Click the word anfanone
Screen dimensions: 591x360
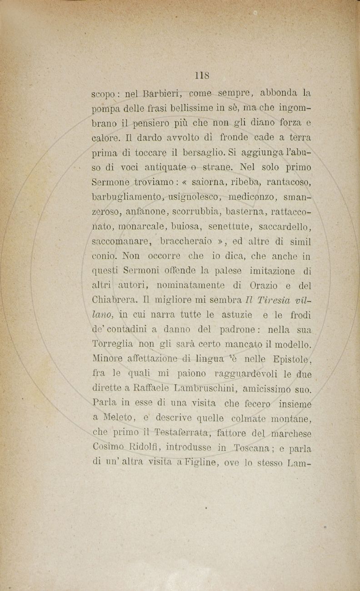[137, 212]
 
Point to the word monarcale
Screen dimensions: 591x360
[138, 226]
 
